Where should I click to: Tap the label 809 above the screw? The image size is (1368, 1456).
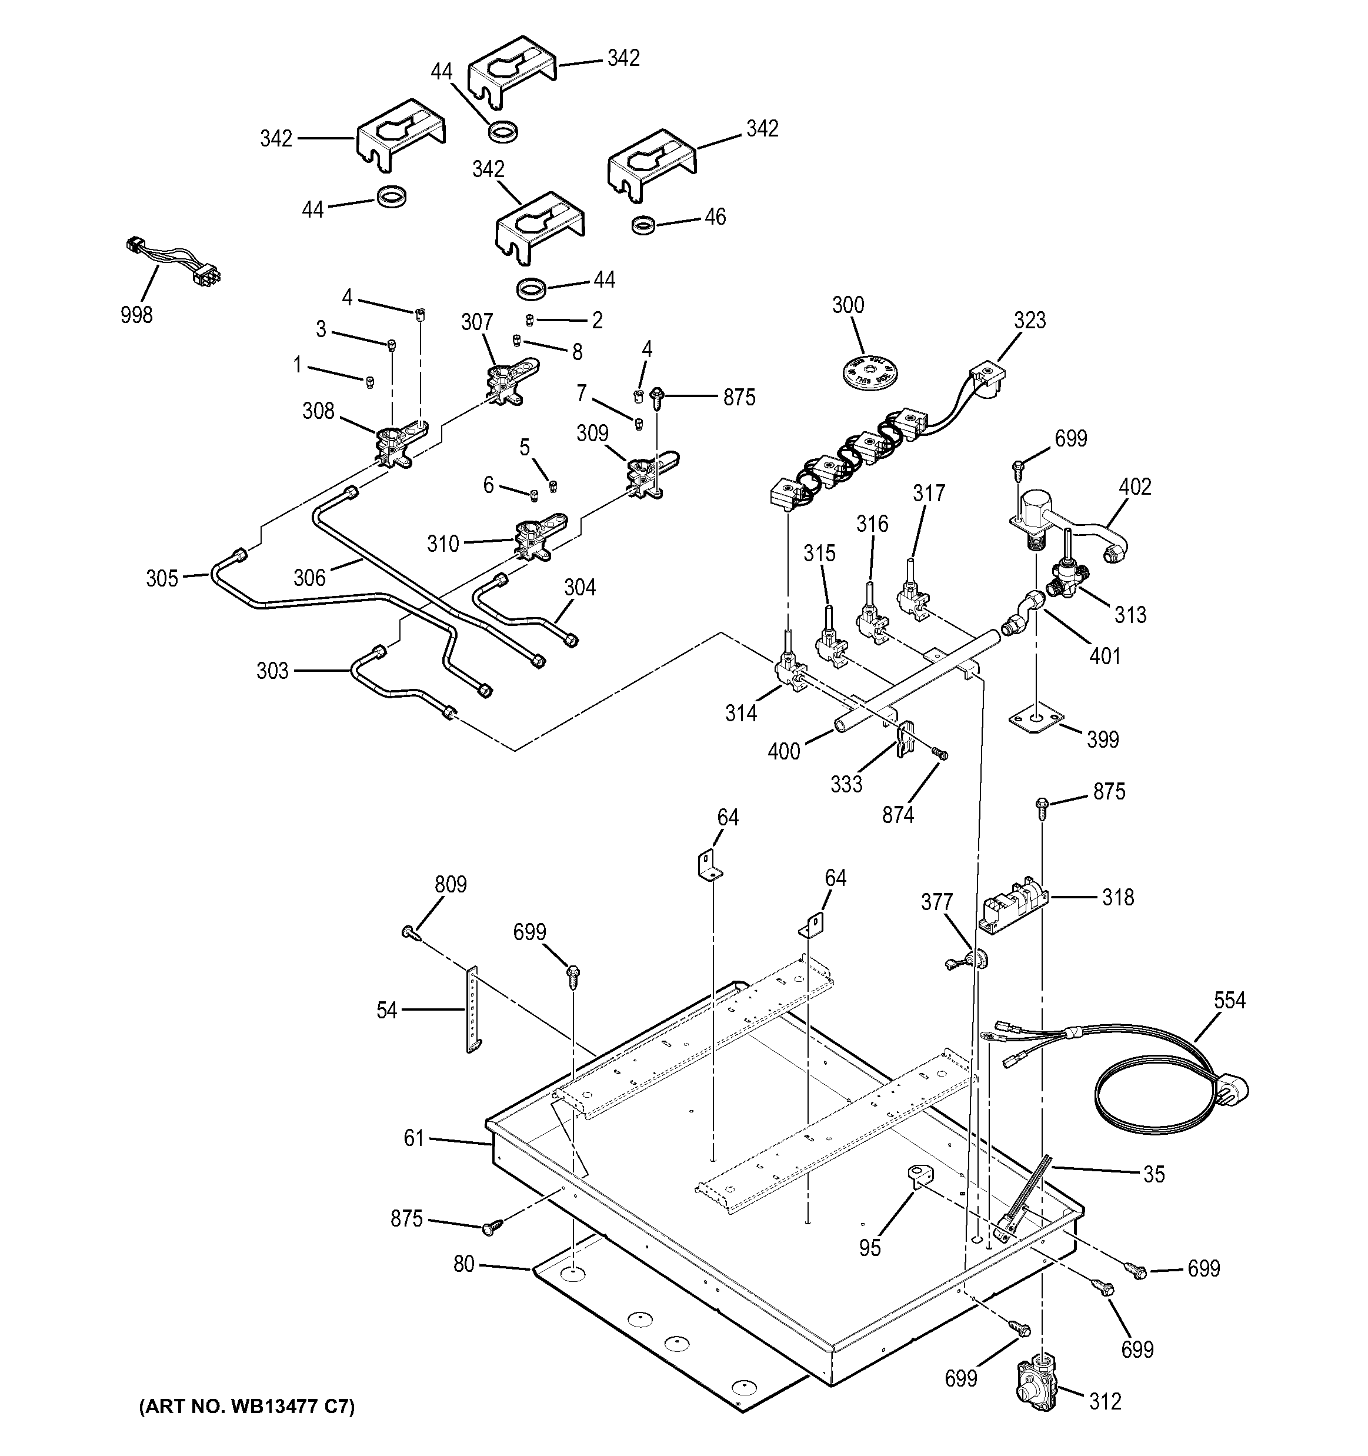tap(451, 885)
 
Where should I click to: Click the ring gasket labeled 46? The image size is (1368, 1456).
tap(642, 225)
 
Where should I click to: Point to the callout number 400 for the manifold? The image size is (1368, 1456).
tap(783, 751)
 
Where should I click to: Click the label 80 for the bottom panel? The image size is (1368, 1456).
tap(464, 1265)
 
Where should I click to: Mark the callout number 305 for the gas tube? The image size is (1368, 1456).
tap(162, 579)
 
